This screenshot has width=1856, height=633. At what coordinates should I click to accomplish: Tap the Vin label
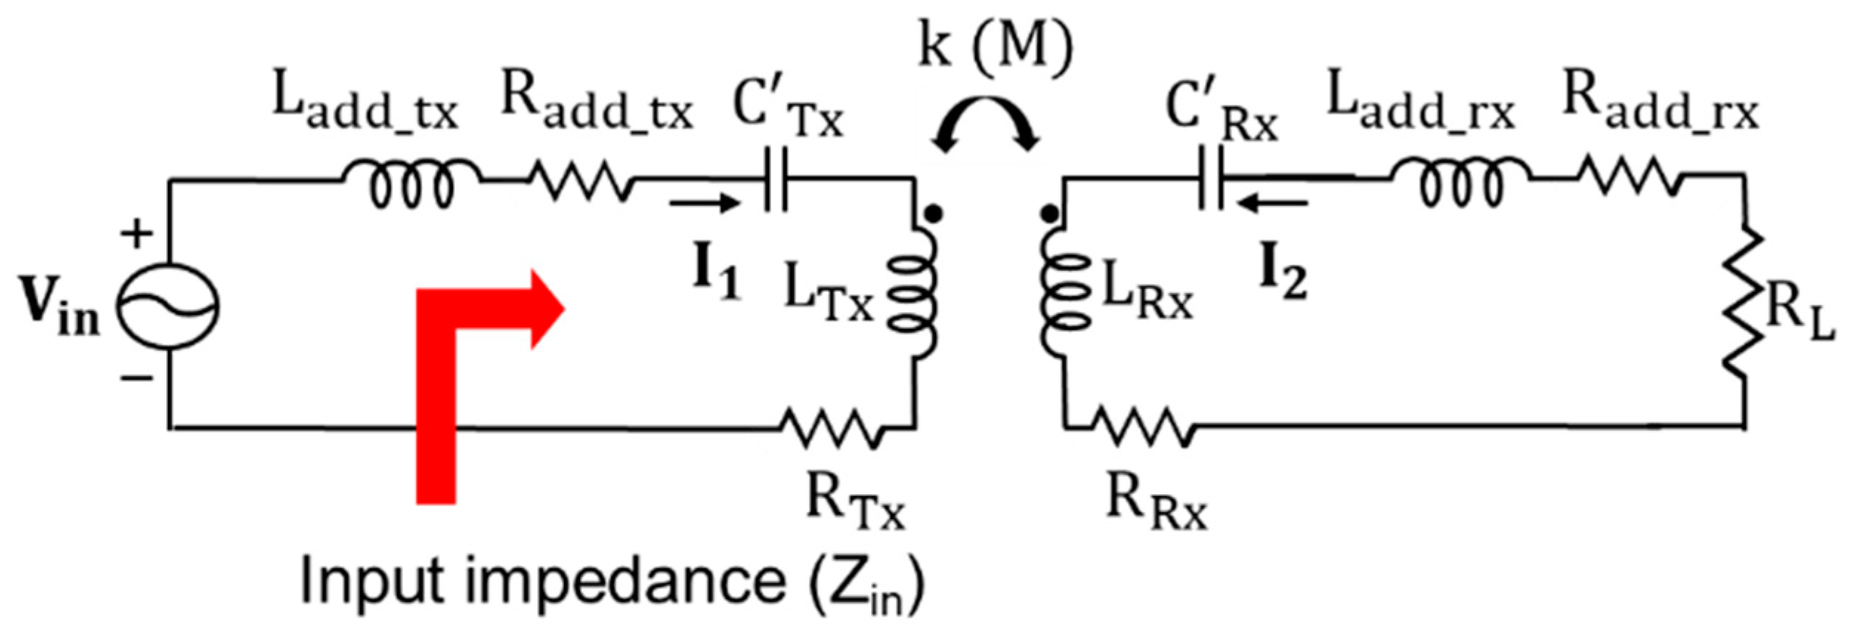(x=59, y=309)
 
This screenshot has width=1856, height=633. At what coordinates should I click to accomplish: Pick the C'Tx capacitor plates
(x=775, y=179)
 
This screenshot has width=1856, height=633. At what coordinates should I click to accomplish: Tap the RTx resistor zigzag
(x=831, y=428)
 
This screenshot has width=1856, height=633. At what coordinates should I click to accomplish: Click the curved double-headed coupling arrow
(x=986, y=126)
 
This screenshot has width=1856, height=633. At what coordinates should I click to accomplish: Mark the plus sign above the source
(x=137, y=235)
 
